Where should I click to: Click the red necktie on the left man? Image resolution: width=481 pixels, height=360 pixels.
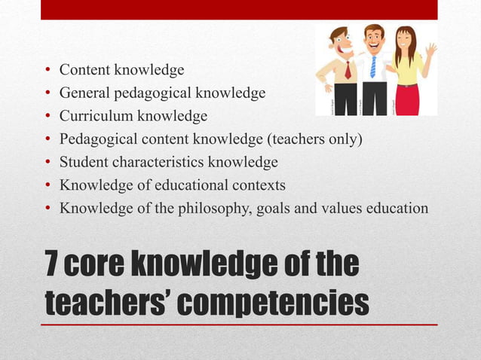click(x=348, y=70)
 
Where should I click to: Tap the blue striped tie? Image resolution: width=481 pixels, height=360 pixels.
click(x=372, y=66)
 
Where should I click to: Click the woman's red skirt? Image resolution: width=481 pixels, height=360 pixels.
click(x=407, y=99)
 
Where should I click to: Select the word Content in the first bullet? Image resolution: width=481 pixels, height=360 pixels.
click(x=84, y=70)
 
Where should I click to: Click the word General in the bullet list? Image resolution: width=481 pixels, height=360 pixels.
click(x=85, y=93)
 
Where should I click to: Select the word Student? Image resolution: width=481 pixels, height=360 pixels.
click(x=84, y=162)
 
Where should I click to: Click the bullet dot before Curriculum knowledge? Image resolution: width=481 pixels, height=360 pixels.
click(x=47, y=117)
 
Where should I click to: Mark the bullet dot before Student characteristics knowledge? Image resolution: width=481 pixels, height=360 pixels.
click(x=47, y=163)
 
